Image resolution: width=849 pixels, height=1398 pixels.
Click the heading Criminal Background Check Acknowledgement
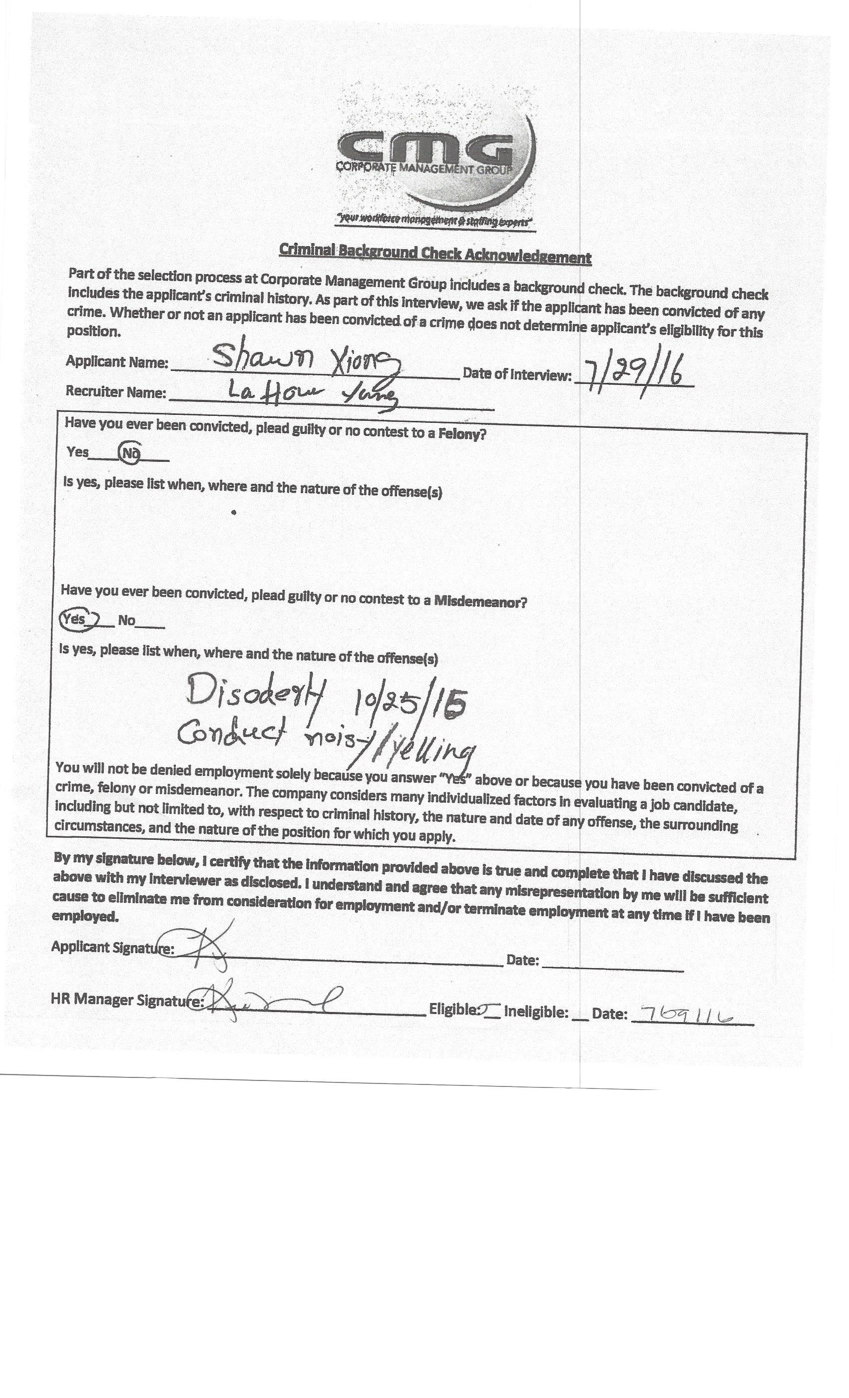(x=434, y=254)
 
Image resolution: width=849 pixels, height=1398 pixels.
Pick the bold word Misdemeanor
(x=480, y=602)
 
